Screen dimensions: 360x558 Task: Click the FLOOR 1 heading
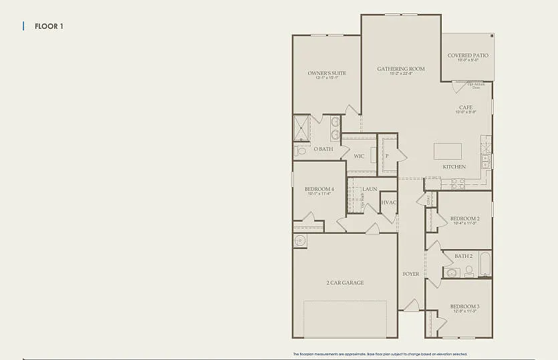49,27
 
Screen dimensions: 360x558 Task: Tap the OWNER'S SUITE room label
323,73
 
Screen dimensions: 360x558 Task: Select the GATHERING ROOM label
401,69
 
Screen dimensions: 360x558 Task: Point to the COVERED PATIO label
468,55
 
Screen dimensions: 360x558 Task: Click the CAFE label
466,108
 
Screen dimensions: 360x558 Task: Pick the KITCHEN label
454,166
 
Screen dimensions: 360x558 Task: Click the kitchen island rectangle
448,150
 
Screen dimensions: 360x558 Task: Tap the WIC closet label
359,156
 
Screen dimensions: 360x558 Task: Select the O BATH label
323,149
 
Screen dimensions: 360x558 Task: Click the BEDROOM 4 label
319,189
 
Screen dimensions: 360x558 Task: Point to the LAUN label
370,189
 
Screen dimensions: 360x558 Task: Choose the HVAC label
389,202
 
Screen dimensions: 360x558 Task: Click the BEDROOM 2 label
464,218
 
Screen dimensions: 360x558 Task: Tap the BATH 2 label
464,256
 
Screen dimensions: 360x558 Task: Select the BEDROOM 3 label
464,307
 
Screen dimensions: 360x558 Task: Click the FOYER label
411,274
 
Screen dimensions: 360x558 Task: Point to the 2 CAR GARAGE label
345,283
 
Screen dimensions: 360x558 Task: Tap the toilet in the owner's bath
300,152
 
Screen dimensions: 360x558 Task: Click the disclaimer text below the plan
380,354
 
